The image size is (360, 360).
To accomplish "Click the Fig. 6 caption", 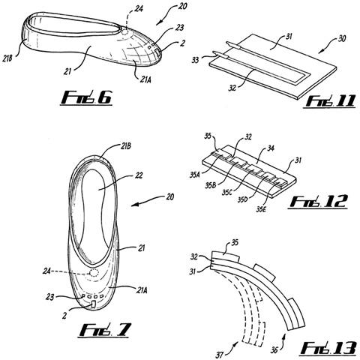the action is click(85, 98).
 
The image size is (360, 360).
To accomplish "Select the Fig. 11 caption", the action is click(329, 101).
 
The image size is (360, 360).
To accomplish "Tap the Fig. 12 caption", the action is click(318, 202).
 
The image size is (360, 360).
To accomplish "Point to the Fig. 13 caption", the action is click(328, 348).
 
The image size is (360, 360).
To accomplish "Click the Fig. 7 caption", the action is click(105, 330).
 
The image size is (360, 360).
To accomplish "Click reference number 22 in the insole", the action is click(139, 175).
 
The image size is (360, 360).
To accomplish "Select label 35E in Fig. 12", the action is click(261, 209).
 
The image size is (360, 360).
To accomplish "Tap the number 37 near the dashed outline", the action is click(219, 355).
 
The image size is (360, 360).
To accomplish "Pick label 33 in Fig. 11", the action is click(196, 60).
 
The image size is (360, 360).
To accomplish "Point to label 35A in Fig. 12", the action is click(194, 175).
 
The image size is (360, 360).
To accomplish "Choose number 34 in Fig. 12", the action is click(270, 148).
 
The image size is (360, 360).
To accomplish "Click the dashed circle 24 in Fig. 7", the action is click(94, 273).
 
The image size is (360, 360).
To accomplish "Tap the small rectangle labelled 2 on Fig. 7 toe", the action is click(93, 304).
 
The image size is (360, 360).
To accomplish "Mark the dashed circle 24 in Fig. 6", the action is click(126, 32).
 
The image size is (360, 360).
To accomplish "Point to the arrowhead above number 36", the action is click(284, 334).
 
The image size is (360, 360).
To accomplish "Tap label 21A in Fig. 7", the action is click(142, 290).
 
